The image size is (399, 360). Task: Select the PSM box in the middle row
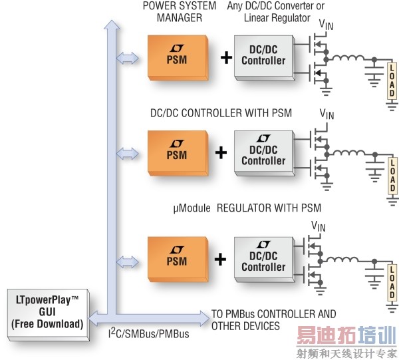point(176,153)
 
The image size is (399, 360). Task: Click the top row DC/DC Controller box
point(263,57)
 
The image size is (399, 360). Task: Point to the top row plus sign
point(226,58)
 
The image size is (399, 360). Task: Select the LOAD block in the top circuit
point(392,80)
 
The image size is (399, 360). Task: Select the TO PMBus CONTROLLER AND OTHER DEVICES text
point(273,319)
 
